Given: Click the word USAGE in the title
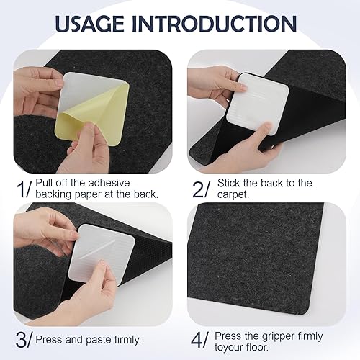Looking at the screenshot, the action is tap(89, 24).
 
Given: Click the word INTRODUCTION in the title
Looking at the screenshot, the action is tap(215, 24).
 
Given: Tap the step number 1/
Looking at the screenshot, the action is tap(24, 189).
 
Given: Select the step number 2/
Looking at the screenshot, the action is tap(201, 189).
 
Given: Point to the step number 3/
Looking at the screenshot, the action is tap(24, 339).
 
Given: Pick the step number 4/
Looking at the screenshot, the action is tap(199, 339).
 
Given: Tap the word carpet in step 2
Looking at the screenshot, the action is tap(232, 194).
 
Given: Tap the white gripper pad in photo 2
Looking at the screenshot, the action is tap(257, 103).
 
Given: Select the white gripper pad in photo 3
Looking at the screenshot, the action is tap(102, 255).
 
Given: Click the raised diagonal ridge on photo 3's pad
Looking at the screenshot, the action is tap(96, 249).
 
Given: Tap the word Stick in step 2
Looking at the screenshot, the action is tap(228, 183).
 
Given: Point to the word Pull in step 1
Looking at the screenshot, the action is tap(43, 183).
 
